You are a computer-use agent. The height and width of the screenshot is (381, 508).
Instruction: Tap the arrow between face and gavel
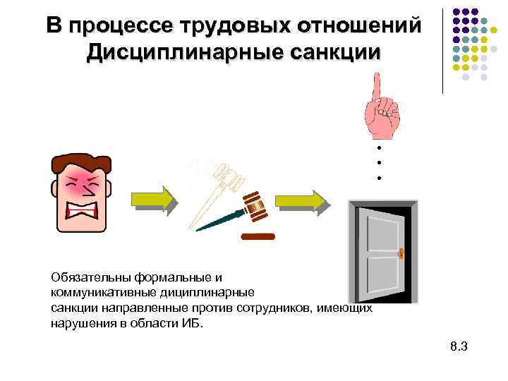[152, 199]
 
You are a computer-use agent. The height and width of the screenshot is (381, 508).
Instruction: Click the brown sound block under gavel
[257, 236]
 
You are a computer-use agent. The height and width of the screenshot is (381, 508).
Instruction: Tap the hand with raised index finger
[380, 106]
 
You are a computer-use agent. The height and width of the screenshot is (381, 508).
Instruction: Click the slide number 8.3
[459, 346]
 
